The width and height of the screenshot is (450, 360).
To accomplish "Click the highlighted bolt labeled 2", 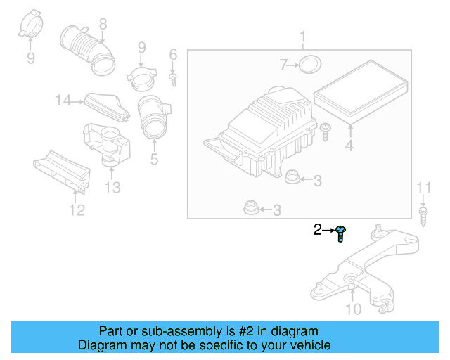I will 340,233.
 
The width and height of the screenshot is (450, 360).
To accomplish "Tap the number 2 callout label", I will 317,229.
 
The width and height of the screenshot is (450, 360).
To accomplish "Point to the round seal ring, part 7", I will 309,65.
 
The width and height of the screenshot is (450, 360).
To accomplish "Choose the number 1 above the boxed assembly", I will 303,36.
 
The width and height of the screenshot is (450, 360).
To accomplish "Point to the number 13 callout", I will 112,188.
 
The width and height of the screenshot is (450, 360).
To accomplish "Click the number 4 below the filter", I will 349,147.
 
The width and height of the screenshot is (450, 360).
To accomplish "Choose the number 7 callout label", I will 283,65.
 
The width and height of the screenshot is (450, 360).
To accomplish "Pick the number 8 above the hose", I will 103,25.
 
